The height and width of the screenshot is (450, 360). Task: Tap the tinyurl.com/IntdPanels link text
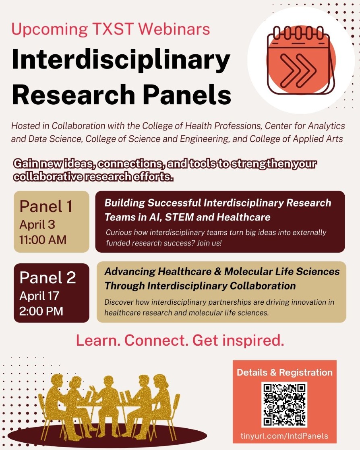[284, 436]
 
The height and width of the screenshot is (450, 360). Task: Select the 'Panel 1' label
[46, 206]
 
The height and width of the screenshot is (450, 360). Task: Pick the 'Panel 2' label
[48, 278]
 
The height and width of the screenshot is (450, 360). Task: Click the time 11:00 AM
[43, 240]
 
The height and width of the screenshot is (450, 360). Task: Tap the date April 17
[39, 296]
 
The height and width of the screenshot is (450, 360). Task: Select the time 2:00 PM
[41, 311]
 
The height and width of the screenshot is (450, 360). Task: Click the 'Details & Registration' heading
[284, 372]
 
